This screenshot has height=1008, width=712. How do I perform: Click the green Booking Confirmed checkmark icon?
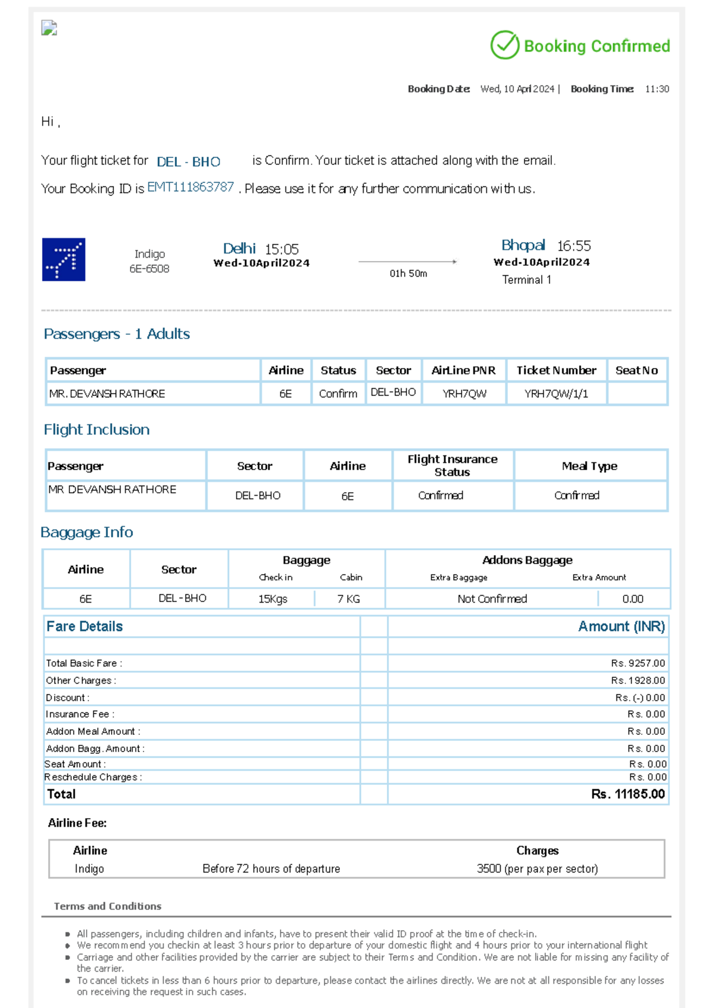[x=505, y=45]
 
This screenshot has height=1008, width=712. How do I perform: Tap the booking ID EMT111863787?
[x=190, y=188]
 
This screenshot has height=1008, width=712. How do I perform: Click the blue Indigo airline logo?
[x=63, y=259]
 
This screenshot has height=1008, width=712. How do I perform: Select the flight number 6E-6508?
[x=150, y=269]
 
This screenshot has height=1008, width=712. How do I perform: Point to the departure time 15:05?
[x=282, y=249]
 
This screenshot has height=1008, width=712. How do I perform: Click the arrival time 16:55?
[x=574, y=246]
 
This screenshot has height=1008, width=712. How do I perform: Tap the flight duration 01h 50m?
[x=408, y=274]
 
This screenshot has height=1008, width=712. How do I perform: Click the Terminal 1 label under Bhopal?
[x=527, y=280]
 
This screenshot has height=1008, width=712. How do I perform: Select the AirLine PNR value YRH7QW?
[x=465, y=394]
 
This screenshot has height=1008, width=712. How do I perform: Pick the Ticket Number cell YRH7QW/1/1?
[x=557, y=394]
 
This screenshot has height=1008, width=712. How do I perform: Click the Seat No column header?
[x=637, y=370]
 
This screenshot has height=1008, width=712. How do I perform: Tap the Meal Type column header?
[x=590, y=466]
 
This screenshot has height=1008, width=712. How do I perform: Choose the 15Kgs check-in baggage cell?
[x=273, y=599]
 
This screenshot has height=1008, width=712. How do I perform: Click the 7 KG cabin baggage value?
[x=349, y=599]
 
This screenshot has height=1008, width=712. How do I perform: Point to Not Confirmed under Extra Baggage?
[x=492, y=599]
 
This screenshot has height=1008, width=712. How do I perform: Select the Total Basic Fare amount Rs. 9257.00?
[x=638, y=663]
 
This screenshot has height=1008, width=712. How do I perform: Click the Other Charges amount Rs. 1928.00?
[x=638, y=680]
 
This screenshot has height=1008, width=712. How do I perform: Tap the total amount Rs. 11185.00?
[x=628, y=794]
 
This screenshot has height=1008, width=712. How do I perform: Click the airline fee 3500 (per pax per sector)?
[x=538, y=868]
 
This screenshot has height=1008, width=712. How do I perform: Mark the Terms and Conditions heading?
[x=107, y=906]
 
